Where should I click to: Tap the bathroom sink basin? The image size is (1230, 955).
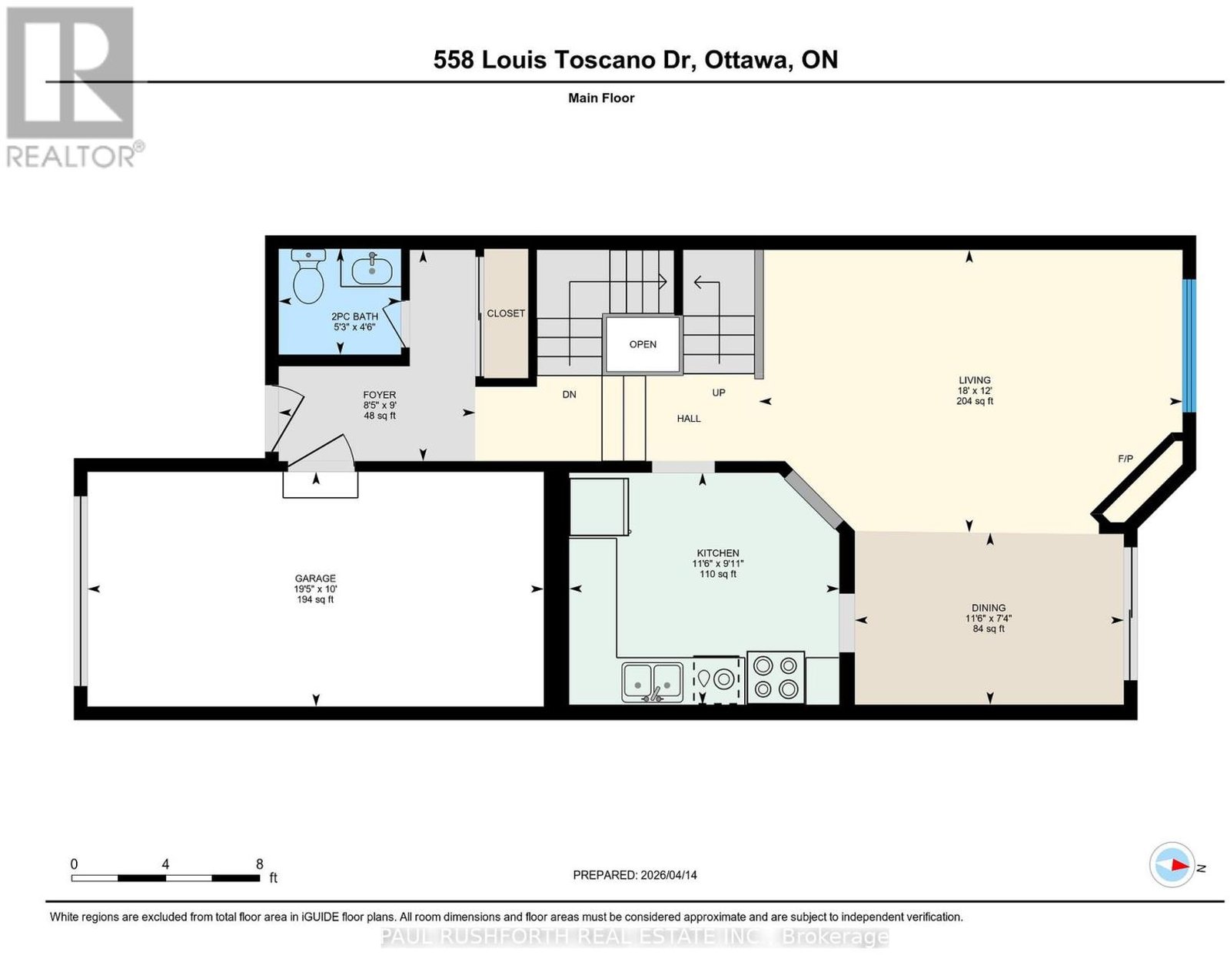point(371,269)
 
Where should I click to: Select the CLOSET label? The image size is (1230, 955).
point(506,313)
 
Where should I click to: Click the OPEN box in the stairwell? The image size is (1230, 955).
point(643,344)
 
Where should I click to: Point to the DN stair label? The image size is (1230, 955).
point(569,395)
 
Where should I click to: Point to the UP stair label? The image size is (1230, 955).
point(718,393)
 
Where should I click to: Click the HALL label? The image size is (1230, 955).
point(688,419)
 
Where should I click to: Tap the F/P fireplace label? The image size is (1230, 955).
point(1125,459)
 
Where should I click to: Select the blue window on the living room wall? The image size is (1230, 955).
point(1189,345)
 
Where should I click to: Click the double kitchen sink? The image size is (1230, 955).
point(652,682)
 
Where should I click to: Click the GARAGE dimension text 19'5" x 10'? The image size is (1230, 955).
point(315,589)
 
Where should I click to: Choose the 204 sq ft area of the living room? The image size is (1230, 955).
point(975,401)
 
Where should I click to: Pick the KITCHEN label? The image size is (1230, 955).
point(718,553)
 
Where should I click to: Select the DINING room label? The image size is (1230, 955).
point(989,608)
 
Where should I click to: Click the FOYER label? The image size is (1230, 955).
point(379,395)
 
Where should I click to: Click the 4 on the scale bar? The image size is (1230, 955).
point(165,864)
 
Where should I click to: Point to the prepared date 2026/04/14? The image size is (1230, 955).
point(669,875)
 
